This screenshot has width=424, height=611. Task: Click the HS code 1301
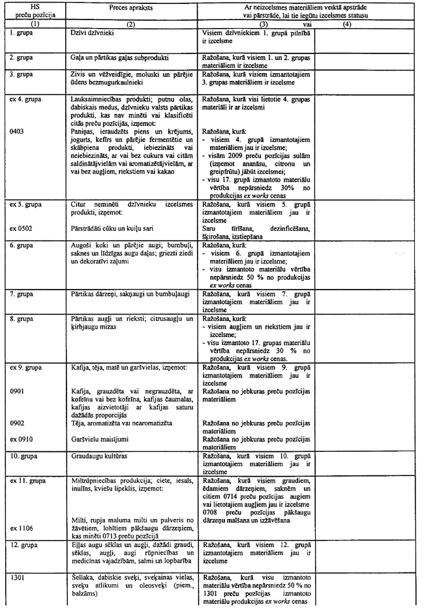tap(18, 576)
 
